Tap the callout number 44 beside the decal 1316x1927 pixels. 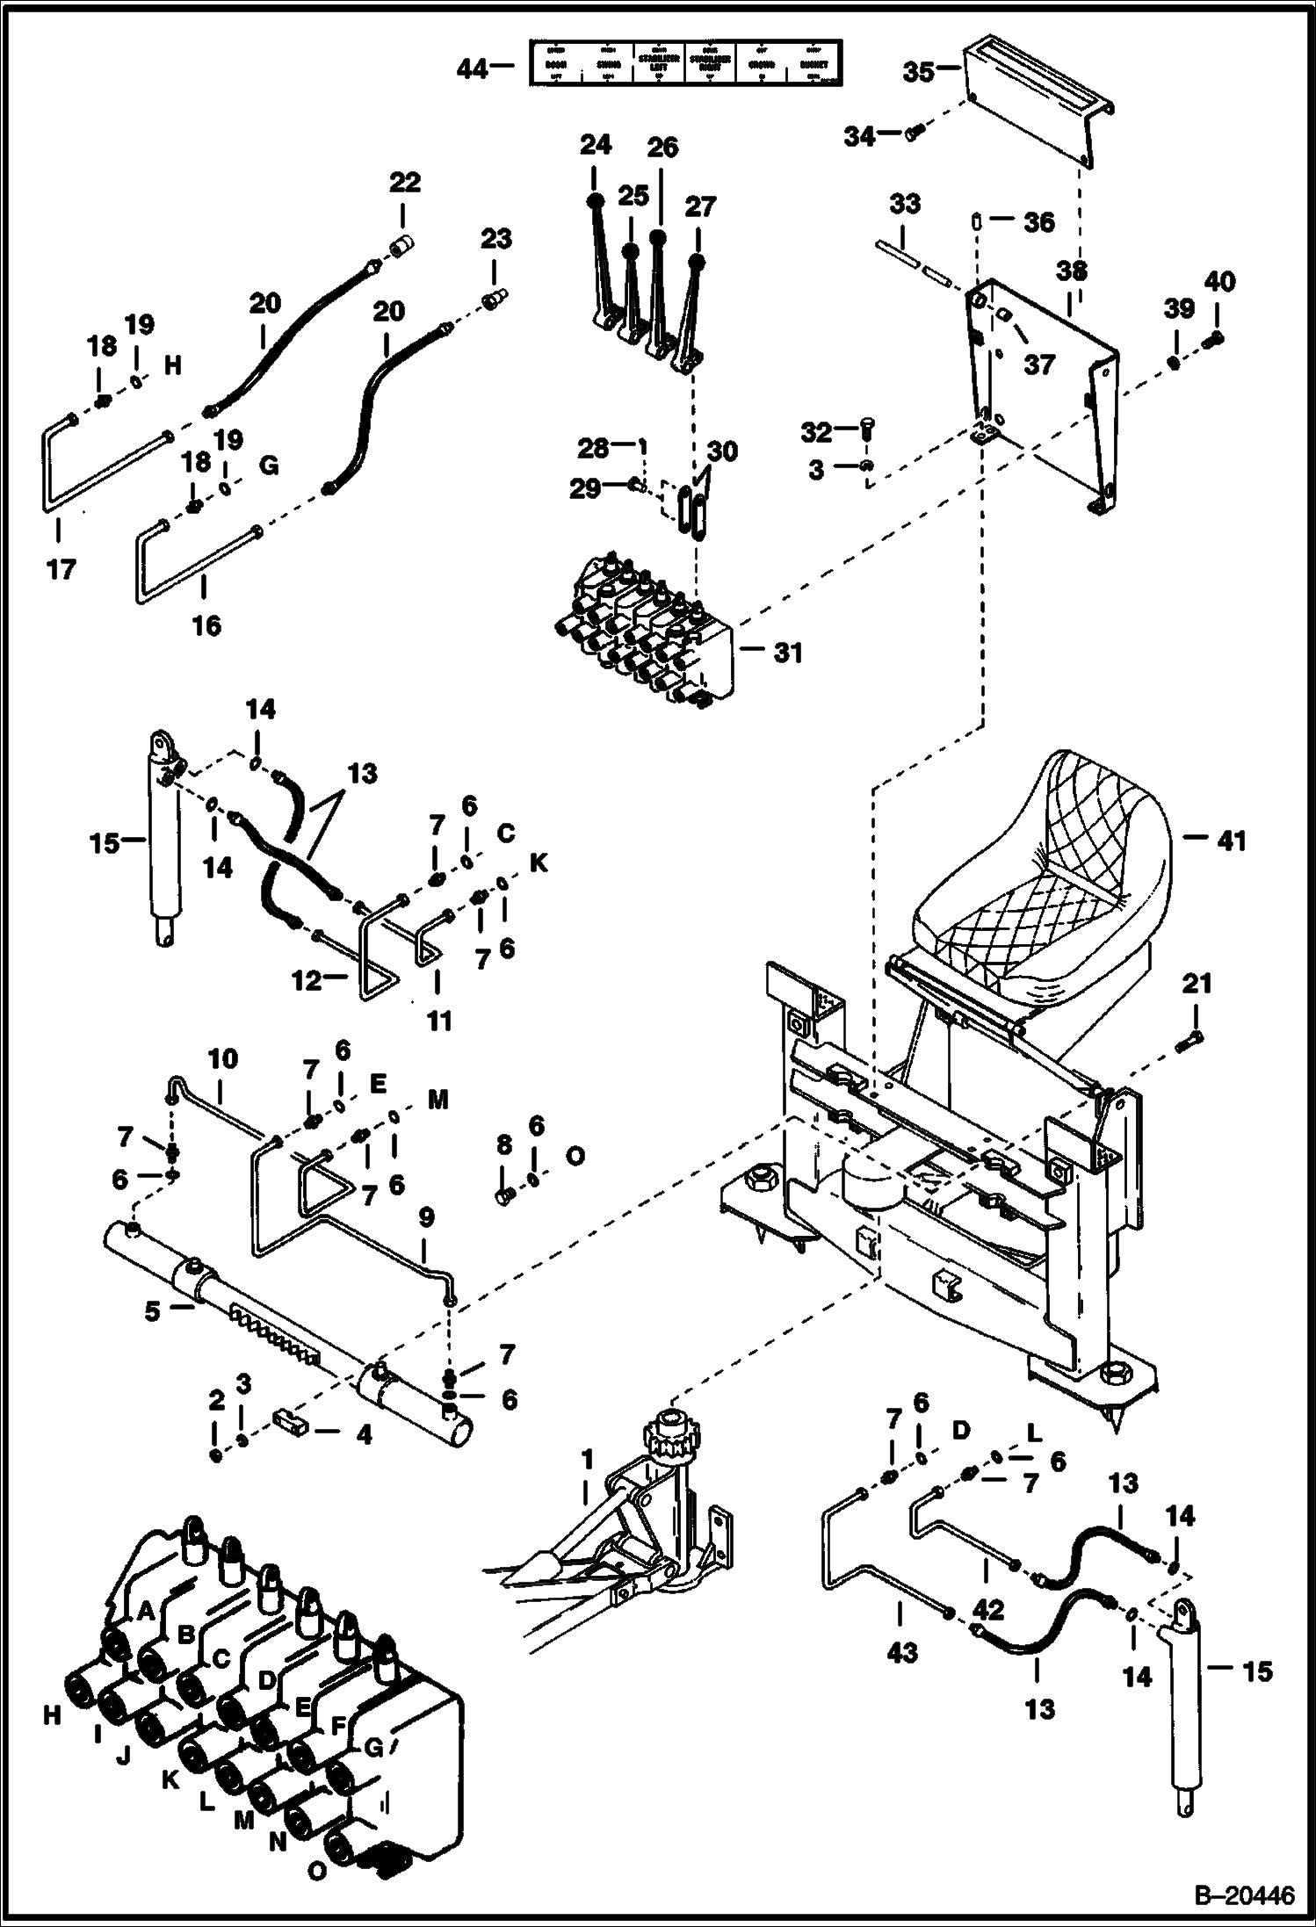click(473, 68)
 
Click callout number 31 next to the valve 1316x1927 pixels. click(787, 653)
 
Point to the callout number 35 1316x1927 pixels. click(918, 71)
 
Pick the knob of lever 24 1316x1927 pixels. click(595, 200)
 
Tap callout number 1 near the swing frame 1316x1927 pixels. click(587, 1460)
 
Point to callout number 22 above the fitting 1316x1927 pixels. click(405, 183)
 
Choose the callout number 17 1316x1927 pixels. click(61, 569)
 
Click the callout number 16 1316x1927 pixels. click(206, 625)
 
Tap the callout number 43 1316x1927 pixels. click(902, 1651)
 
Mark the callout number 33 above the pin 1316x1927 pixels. click(904, 204)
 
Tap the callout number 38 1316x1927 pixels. click(1072, 271)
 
